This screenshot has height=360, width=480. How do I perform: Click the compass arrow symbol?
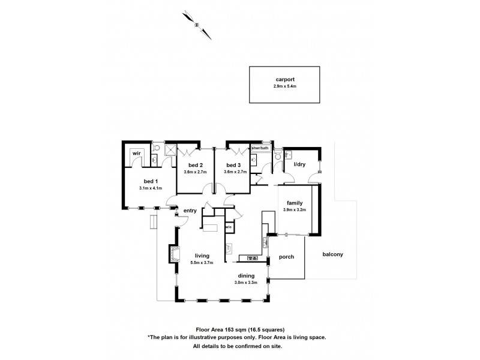click(197, 23)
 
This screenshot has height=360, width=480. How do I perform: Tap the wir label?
click(136, 153)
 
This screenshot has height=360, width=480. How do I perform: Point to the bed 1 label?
click(150, 181)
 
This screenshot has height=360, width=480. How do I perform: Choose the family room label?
click(295, 203)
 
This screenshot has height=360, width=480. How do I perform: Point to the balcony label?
click(332, 254)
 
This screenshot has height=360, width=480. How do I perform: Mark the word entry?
click(190, 210)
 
